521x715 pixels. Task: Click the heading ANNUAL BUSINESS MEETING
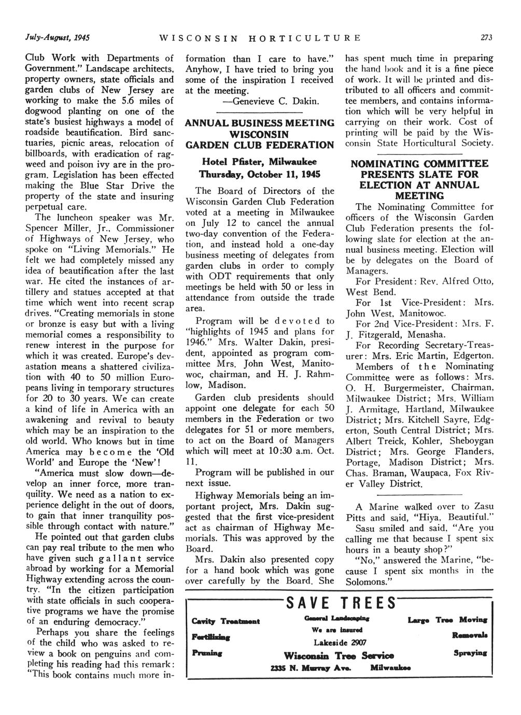point(260,123)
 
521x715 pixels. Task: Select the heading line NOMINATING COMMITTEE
point(419,164)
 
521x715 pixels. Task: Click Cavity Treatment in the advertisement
point(225,621)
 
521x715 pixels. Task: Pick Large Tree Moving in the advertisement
point(448,620)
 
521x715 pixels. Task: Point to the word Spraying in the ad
point(470,653)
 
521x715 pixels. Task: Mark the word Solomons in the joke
point(370,581)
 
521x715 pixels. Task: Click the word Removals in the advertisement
point(470,634)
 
